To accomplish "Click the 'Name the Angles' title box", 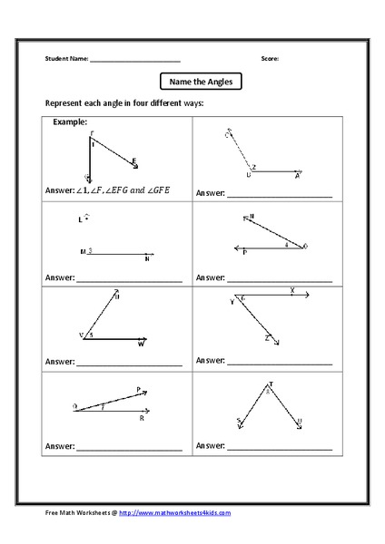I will tap(201, 81).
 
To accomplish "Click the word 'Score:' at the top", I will tap(270, 59).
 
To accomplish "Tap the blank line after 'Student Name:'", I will tap(135, 60).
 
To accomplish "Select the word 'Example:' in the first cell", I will tap(70, 121).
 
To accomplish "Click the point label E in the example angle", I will tap(134, 160).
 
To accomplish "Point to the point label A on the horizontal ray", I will tap(296, 177).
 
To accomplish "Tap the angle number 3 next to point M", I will tap(91, 250).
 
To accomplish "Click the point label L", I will tap(80, 220).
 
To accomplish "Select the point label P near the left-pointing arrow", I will tap(244, 254).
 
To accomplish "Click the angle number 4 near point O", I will tap(287, 244).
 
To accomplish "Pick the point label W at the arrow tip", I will tap(141, 345).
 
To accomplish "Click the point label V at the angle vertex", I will tap(82, 335).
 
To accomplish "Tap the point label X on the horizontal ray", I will tap(291, 291).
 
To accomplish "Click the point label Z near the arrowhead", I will tap(267, 337).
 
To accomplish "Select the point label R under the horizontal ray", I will tap(142, 419).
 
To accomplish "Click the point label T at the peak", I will tap(270, 385).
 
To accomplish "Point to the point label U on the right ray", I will tap(299, 422).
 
